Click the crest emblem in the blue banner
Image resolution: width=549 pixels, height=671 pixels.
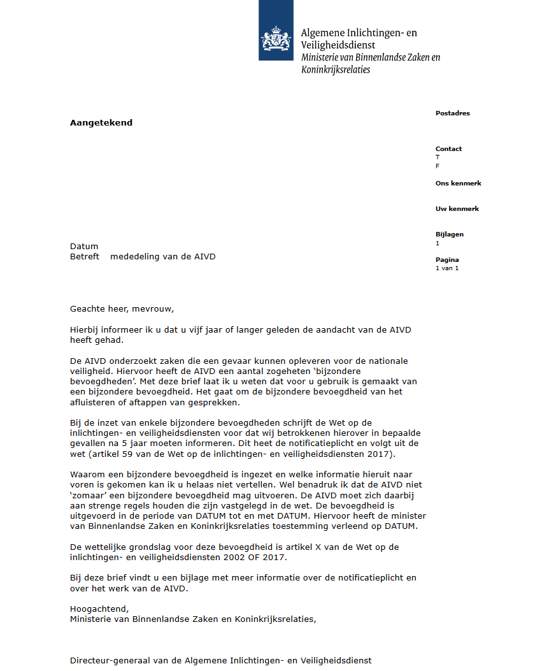[x=276, y=39]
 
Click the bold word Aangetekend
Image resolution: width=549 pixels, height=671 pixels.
[x=101, y=123]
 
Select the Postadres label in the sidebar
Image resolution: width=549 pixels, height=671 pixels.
[x=452, y=113]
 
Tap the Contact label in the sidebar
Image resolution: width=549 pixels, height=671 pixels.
[x=448, y=149]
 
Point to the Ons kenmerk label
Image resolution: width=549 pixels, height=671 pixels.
[x=458, y=184]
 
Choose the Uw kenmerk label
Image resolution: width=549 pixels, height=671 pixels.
[x=457, y=209]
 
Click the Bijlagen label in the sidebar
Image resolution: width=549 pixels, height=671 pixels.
[x=450, y=234]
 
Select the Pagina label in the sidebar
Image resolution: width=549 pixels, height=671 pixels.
[x=447, y=260]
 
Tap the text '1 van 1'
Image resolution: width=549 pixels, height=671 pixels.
[x=447, y=268]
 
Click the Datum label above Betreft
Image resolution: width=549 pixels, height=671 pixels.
[x=84, y=247]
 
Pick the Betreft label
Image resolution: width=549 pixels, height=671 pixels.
[x=85, y=257]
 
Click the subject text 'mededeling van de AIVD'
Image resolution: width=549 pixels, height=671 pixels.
[x=163, y=257]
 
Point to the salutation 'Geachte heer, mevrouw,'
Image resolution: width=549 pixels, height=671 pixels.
[x=122, y=310]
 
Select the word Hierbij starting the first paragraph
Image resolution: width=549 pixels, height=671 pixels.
[x=86, y=329]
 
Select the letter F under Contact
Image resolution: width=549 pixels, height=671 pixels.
[x=438, y=166]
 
